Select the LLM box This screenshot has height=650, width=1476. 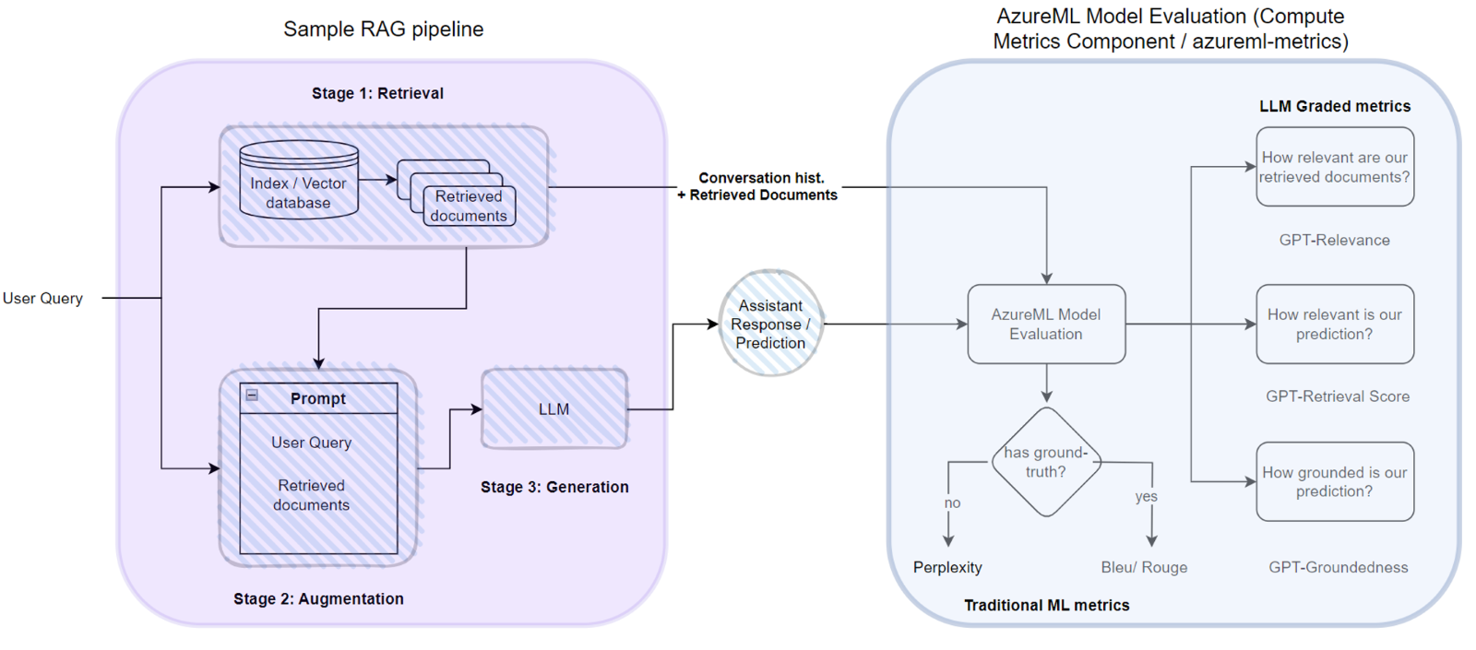pyautogui.click(x=553, y=409)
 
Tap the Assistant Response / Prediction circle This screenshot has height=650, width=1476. pyautogui.click(x=770, y=324)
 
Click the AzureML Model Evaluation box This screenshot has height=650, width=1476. pyautogui.click(x=1045, y=324)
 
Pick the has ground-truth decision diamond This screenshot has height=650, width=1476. pyautogui.click(x=1045, y=462)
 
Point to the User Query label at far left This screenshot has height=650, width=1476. pyautogui.click(x=42, y=298)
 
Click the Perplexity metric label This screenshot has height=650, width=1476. pyautogui.click(x=947, y=567)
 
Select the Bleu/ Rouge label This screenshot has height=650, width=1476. pyautogui.click(x=1144, y=567)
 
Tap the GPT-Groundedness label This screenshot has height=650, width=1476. pyautogui.click(x=1338, y=567)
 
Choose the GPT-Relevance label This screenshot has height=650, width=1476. pyautogui.click(x=1334, y=240)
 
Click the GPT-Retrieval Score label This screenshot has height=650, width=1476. pyautogui.click(x=1337, y=396)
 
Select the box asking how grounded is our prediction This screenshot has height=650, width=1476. pyautogui.click(x=1334, y=481)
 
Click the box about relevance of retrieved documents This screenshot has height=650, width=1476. pyautogui.click(x=1334, y=167)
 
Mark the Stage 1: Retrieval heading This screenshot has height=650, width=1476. pyautogui.click(x=377, y=93)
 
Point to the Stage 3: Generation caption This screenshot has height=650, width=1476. pyautogui.click(x=554, y=487)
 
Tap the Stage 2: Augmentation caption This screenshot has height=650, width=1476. pyautogui.click(x=318, y=598)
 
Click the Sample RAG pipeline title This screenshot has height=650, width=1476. pyautogui.click(x=383, y=29)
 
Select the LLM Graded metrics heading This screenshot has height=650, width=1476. pyautogui.click(x=1334, y=106)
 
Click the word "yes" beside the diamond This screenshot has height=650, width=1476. pyautogui.click(x=1146, y=496)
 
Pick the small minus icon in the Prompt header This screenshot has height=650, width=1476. pyautogui.click(x=252, y=396)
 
